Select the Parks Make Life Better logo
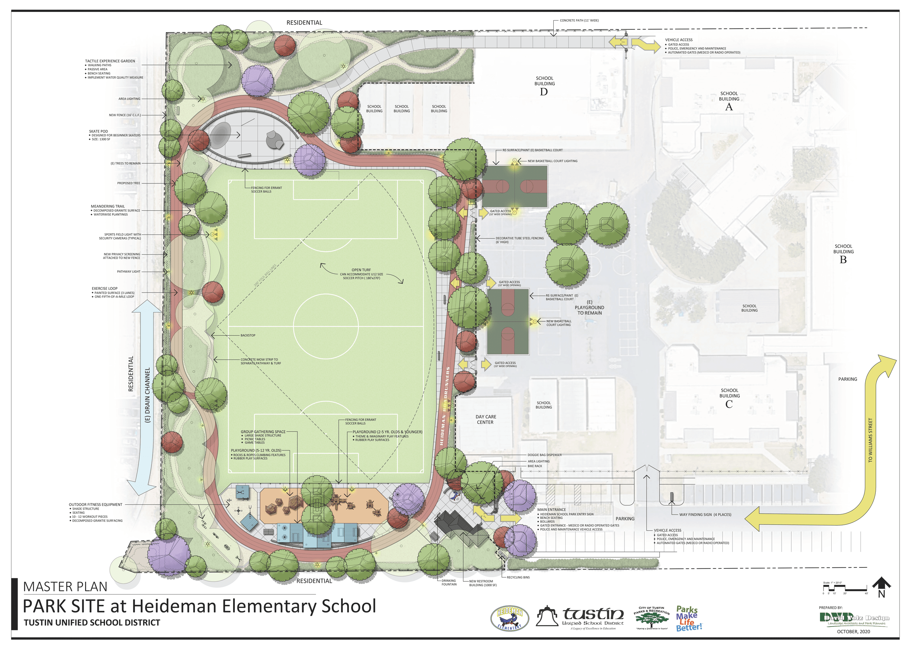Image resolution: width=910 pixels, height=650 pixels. tap(689, 618)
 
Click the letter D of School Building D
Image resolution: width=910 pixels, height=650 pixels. tap(544, 92)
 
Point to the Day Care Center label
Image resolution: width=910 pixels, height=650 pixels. tap(485, 419)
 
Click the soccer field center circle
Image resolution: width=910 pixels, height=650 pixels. tap(326, 326)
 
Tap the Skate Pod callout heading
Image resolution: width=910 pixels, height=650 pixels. tap(98, 131)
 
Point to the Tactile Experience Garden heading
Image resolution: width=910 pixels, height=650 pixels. tap(110, 61)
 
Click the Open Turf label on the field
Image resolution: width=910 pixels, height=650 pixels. tap(361, 270)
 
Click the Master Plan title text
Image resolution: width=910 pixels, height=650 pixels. tap(65, 587)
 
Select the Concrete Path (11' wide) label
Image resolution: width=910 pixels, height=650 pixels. tap(579, 20)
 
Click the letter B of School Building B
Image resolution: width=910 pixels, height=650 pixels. tap(843, 260)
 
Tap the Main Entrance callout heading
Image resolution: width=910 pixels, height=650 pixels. tap(552, 510)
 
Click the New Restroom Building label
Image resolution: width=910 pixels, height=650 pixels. tap(483, 583)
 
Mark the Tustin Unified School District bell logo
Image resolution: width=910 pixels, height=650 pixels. tap(547, 616)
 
